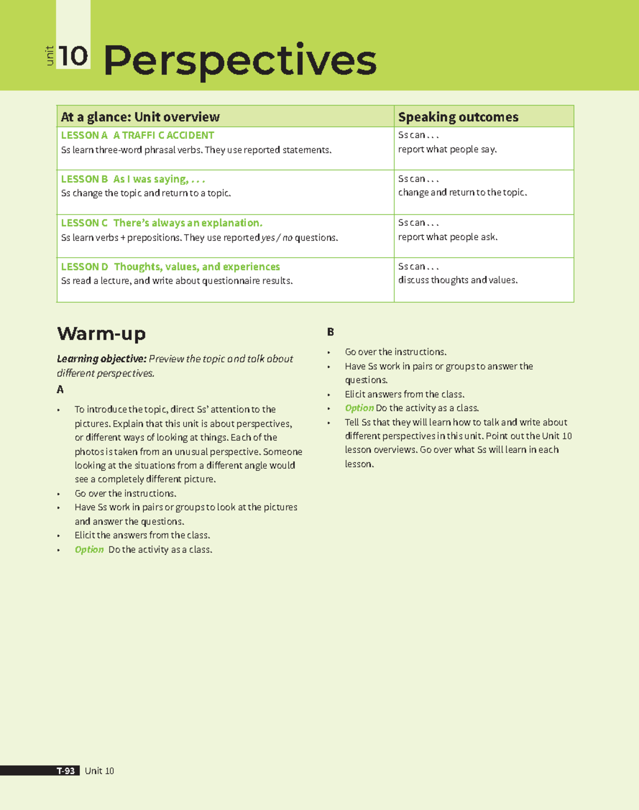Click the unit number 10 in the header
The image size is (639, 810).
click(x=73, y=56)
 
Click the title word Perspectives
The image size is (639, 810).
click(x=240, y=60)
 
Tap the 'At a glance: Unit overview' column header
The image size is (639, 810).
click(x=140, y=117)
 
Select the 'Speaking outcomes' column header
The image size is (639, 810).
click(x=458, y=117)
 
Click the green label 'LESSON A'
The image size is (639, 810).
click(x=84, y=135)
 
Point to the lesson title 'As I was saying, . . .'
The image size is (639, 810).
click(x=159, y=179)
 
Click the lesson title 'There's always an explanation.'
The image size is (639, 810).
click(x=187, y=223)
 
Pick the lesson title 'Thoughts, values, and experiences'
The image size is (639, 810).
click(x=196, y=266)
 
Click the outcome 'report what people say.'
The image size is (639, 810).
click(x=447, y=149)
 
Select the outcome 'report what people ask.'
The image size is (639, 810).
click(x=448, y=237)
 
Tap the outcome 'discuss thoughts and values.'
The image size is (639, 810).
click(x=458, y=280)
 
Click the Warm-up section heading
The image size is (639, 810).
click(x=101, y=334)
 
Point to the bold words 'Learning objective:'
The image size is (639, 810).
click(x=101, y=359)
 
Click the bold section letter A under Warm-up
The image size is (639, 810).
click(x=60, y=390)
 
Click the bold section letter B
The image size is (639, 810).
click(x=330, y=332)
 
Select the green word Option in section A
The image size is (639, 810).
click(x=89, y=550)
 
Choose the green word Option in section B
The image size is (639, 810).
click(x=359, y=408)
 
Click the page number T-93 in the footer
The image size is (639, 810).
click(x=66, y=771)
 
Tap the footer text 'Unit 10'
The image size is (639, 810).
click(x=99, y=771)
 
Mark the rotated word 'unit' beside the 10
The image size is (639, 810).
click(x=50, y=56)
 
